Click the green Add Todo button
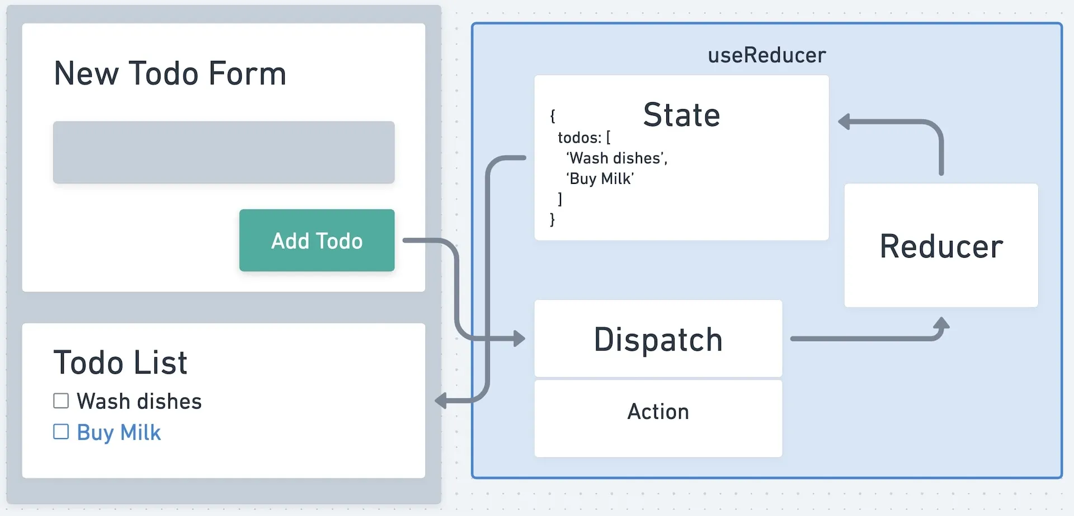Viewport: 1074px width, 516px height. point(317,240)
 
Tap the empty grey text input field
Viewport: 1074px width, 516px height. point(224,152)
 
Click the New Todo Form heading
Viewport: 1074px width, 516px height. point(170,73)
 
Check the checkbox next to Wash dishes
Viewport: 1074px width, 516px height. point(61,401)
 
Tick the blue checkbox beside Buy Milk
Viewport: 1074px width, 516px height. point(61,432)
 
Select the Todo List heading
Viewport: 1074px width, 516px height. point(120,362)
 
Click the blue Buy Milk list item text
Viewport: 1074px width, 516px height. point(119,432)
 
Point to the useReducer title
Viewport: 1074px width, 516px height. point(766,55)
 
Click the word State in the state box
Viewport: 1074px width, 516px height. point(681,115)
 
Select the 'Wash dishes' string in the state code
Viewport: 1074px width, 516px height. point(617,158)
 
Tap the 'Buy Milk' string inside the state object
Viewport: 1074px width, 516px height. point(600,179)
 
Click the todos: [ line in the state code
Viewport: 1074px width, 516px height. point(584,138)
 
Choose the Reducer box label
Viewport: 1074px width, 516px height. point(941,246)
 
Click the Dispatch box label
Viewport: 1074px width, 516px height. point(658,339)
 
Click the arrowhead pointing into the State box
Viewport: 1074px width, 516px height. point(844,121)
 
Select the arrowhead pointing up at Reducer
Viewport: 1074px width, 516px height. point(941,323)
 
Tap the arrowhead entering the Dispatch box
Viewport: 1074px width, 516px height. point(520,338)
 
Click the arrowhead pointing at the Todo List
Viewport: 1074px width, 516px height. point(441,400)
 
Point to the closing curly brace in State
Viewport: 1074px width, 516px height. point(552,219)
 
